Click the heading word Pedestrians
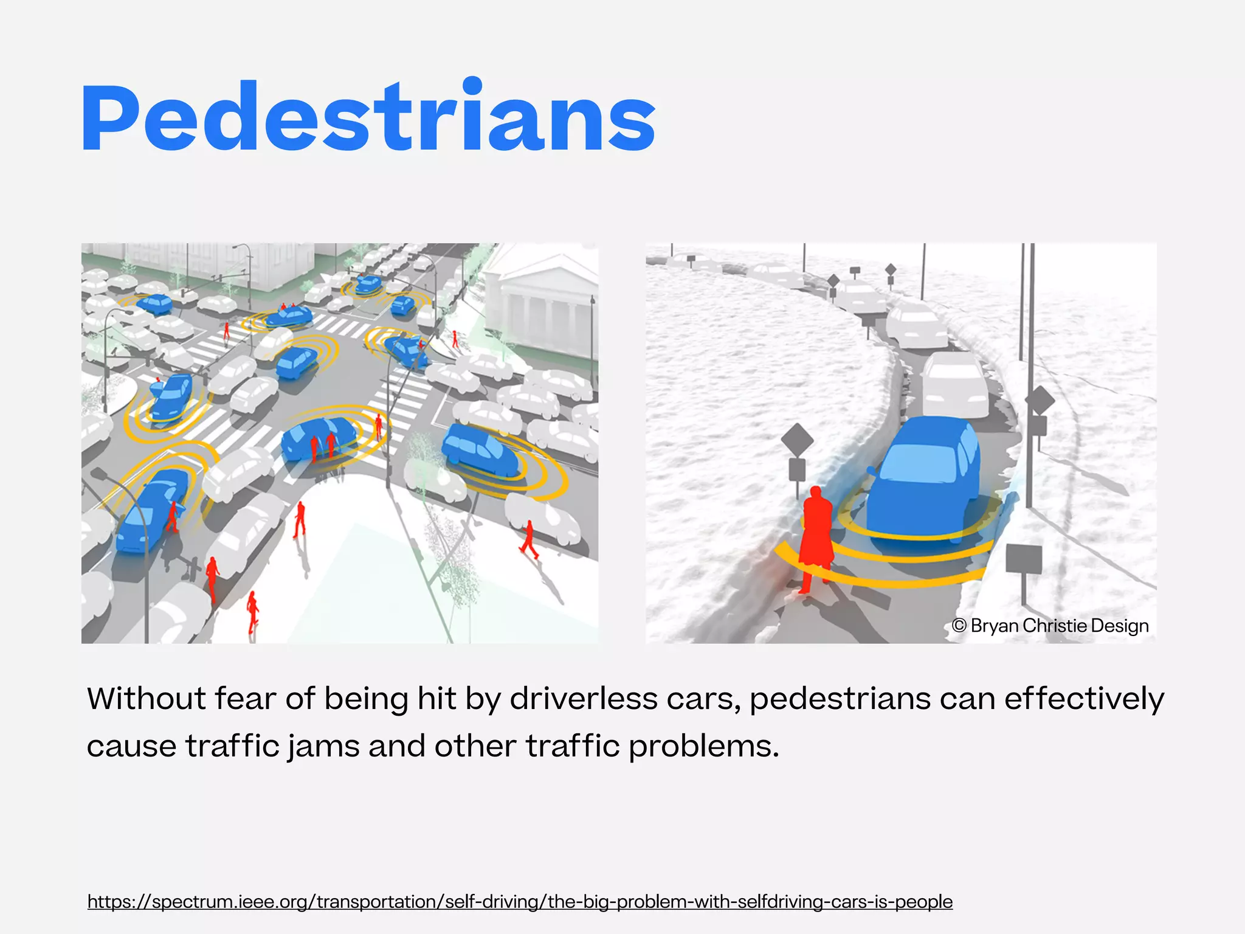pyautogui.click(x=368, y=117)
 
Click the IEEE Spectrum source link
pyautogui.click(x=520, y=901)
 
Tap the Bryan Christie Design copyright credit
pyautogui.click(x=1050, y=626)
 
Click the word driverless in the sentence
pyautogui.click(x=584, y=699)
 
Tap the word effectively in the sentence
pyautogui.click(x=1084, y=699)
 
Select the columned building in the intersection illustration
pyautogui.click(x=541, y=304)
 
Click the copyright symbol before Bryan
pyautogui.click(x=959, y=626)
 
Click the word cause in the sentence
pyautogui.click(x=131, y=746)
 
